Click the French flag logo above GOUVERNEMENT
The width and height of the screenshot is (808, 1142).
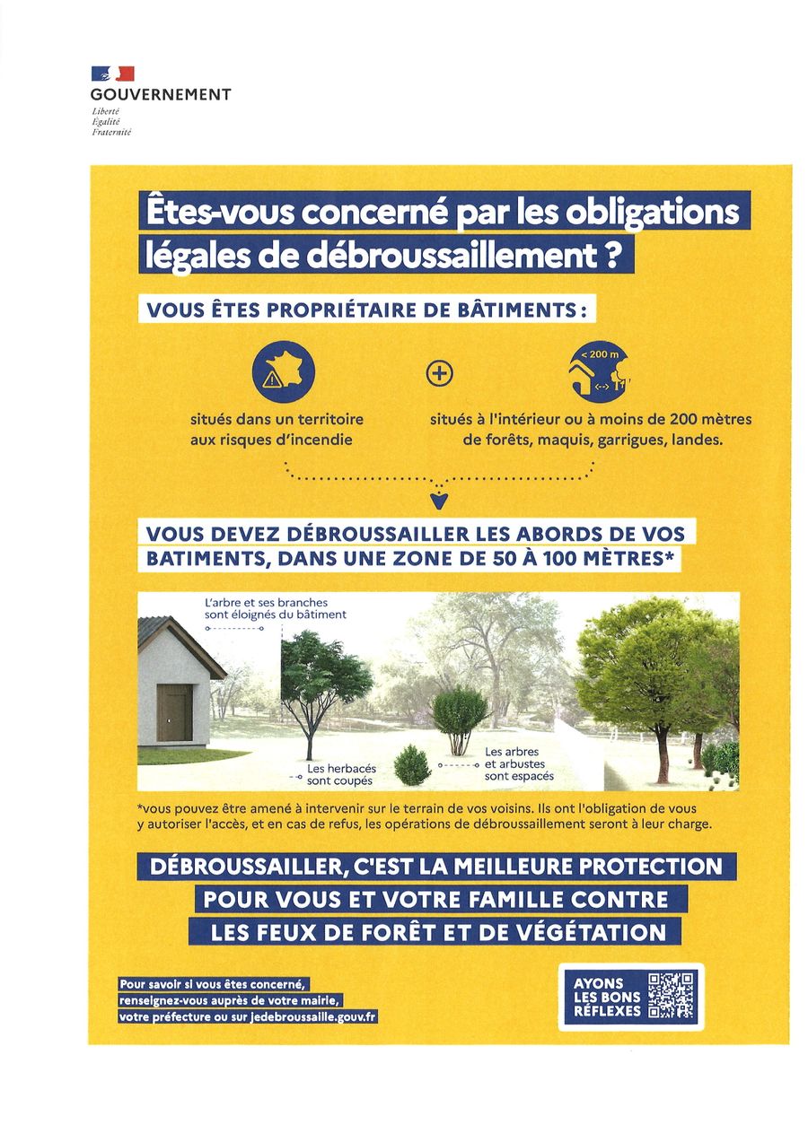(x=112, y=74)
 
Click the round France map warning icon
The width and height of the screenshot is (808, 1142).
(x=283, y=372)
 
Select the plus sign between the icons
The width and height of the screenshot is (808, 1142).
(x=439, y=373)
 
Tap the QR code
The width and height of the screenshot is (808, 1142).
(x=671, y=996)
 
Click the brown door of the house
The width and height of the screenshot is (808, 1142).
(x=174, y=712)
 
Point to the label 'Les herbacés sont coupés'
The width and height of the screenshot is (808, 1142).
(x=340, y=775)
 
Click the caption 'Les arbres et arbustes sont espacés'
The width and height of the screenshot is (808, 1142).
(x=519, y=763)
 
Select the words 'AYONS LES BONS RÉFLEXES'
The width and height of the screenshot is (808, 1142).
(x=607, y=997)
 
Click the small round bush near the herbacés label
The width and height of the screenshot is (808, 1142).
(x=412, y=765)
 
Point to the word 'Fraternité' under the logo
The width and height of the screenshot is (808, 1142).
(x=111, y=132)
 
